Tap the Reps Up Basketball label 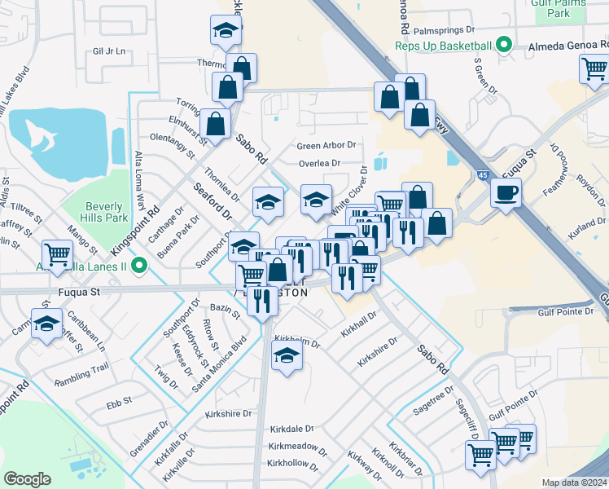click(x=445, y=46)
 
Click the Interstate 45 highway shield click(x=484, y=175)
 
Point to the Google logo click(x=27, y=479)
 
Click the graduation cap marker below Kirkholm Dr click(x=286, y=355)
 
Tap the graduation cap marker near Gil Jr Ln click(x=225, y=31)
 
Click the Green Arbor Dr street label click(x=326, y=146)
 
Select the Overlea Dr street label click(x=319, y=163)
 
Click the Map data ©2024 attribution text click(x=574, y=482)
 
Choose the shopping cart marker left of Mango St click(x=58, y=254)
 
